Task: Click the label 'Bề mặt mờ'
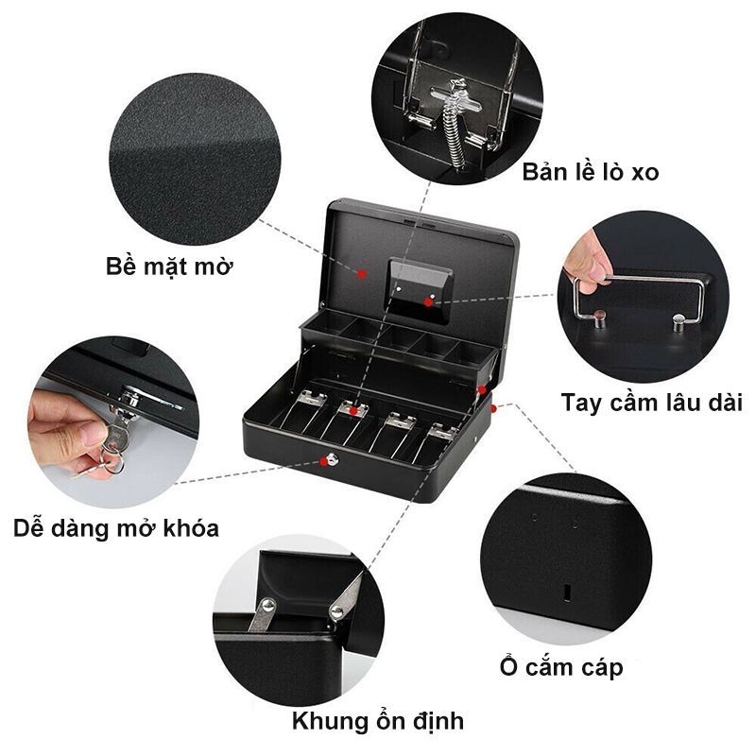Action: point(169,266)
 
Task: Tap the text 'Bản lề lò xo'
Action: point(590,172)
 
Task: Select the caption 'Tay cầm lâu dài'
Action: point(651,403)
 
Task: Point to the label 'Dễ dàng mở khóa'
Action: point(115,528)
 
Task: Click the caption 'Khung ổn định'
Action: point(378,721)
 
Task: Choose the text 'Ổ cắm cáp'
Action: point(561,666)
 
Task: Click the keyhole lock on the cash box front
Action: point(333,459)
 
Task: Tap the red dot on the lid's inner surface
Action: point(362,274)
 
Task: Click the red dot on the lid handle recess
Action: point(428,302)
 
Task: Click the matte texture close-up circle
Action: point(196,159)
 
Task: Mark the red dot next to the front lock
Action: point(323,462)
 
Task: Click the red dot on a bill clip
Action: point(353,411)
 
